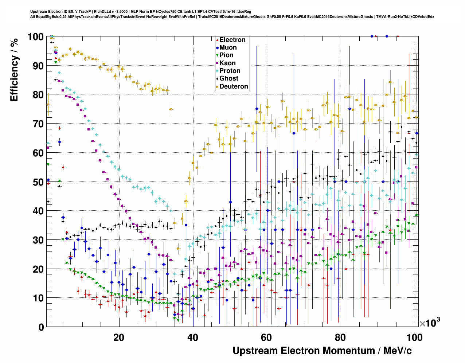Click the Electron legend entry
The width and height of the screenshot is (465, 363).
(232, 40)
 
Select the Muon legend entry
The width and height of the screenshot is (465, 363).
(228, 48)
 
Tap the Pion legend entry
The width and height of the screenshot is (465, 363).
(226, 55)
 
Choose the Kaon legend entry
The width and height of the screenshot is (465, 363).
(227, 63)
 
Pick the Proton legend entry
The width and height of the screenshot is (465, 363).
(230, 71)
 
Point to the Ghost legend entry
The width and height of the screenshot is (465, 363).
(228, 79)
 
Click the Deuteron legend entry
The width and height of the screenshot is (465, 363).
(234, 87)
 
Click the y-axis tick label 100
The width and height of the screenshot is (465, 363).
(35, 37)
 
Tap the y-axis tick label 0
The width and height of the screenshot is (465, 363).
(41, 327)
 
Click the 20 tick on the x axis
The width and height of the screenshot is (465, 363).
(119, 337)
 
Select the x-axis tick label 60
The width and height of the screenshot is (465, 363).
(266, 337)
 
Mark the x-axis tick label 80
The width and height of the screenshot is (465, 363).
(340, 337)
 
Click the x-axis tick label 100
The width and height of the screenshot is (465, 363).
(414, 337)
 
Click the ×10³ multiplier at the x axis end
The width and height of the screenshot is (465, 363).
(430, 323)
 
